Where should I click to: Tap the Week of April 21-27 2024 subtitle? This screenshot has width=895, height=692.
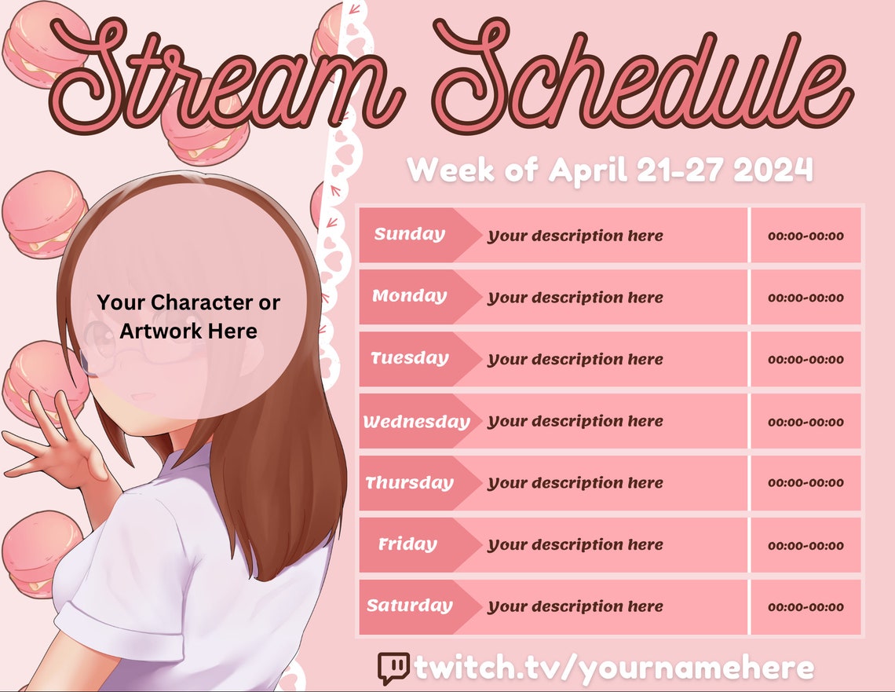click(609, 170)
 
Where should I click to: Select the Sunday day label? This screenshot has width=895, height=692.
click(409, 234)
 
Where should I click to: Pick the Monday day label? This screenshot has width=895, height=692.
click(409, 296)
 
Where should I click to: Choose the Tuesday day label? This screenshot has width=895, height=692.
click(409, 358)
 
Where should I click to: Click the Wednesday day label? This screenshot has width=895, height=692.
click(416, 422)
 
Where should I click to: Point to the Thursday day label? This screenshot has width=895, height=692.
click(409, 483)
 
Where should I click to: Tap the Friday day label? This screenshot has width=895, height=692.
click(407, 544)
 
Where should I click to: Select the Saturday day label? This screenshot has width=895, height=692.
click(409, 606)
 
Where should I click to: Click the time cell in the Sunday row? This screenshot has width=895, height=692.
click(805, 236)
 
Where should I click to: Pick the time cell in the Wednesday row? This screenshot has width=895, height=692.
click(805, 422)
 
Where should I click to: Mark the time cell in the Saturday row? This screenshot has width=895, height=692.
click(805, 606)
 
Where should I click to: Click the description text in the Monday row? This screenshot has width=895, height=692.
click(575, 298)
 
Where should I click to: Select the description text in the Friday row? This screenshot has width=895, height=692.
click(575, 545)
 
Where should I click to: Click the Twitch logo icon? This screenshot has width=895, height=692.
click(393, 668)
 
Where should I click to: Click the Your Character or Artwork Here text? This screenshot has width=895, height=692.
click(188, 317)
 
